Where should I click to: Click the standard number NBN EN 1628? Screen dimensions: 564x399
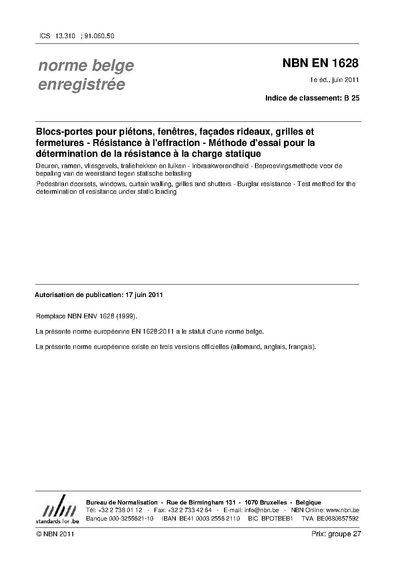pos(320,64)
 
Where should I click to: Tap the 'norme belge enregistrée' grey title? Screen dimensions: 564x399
pos(86,75)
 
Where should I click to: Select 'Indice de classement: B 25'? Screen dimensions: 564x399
pos(312,98)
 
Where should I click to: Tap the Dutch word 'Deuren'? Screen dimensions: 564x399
pos(46,166)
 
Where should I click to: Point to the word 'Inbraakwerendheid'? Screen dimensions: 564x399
pos(217,166)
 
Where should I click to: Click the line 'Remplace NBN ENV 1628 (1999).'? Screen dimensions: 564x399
pos(86,316)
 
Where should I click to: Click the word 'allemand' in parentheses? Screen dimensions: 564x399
pos(246,347)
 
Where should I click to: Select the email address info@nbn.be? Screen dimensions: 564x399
pos(261,510)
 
